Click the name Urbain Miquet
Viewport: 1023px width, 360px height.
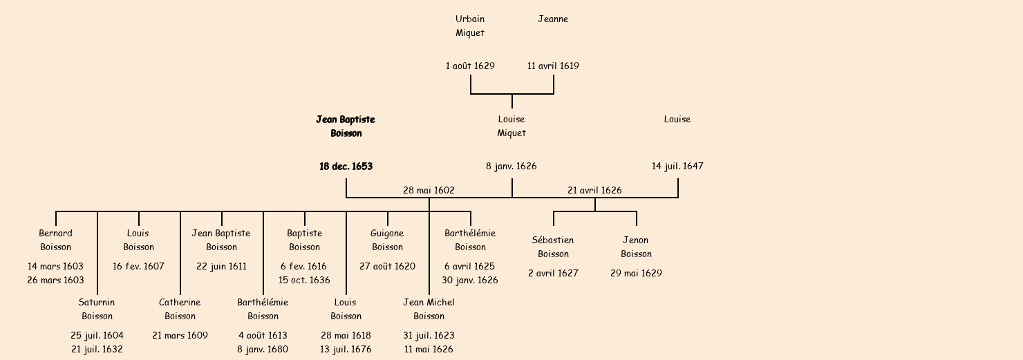[x=470, y=26]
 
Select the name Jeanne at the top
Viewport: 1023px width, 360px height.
[x=553, y=19]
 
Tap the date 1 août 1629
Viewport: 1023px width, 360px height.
[x=470, y=66]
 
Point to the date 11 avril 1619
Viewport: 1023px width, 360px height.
[x=553, y=66]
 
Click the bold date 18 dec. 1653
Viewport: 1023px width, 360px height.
[x=346, y=167]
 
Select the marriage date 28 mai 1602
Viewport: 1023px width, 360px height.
[x=429, y=190]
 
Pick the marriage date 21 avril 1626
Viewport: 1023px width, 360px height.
[x=594, y=190]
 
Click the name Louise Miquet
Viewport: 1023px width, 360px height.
[x=511, y=126]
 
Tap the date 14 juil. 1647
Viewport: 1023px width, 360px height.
[x=677, y=167]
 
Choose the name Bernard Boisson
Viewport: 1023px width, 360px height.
[x=55, y=240]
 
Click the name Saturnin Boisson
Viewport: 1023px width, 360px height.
[x=97, y=309]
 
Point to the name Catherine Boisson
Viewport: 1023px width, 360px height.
[x=180, y=309]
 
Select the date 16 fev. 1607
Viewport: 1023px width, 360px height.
[x=138, y=266]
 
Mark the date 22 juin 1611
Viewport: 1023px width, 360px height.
[x=221, y=266]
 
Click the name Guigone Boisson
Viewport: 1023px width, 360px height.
[x=387, y=240]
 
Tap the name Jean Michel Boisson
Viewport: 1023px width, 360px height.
[x=429, y=309]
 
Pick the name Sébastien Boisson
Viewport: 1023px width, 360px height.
[x=553, y=247]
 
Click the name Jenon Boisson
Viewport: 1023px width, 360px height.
[x=636, y=247]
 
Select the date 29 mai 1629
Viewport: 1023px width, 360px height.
[x=636, y=273]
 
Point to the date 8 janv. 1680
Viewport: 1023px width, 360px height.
[x=263, y=349]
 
